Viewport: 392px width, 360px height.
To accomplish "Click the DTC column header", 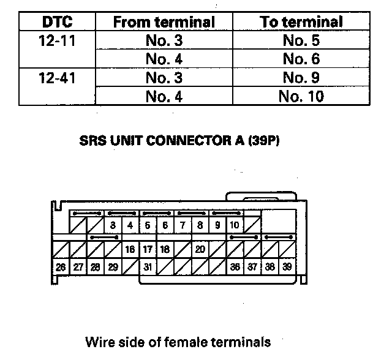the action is [x=57, y=23].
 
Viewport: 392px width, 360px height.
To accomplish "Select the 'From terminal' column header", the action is [x=164, y=23].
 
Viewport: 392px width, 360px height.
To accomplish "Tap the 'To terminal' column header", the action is [x=301, y=23].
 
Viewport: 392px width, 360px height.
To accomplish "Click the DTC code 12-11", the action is [x=57, y=42].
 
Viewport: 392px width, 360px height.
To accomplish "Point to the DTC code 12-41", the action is [x=57, y=78].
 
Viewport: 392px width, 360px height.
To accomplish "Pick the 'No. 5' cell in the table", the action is [x=301, y=42].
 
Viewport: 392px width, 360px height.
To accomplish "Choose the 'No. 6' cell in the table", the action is [x=301, y=60].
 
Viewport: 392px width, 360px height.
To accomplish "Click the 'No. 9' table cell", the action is [x=301, y=78].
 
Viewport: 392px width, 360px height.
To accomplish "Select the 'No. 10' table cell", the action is [x=301, y=97].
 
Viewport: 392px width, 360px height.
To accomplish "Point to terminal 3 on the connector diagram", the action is [x=113, y=225].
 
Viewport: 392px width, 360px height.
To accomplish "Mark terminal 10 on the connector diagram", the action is [x=235, y=225].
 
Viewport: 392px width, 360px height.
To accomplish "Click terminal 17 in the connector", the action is [x=148, y=249].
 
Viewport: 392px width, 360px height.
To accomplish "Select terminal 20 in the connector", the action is [x=200, y=249].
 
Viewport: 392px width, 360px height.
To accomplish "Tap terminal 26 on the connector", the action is [x=61, y=267].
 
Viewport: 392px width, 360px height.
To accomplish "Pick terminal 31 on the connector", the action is [x=148, y=267].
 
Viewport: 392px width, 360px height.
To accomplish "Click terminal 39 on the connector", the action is [x=287, y=267].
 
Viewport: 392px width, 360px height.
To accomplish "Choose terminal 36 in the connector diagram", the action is [x=235, y=267].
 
